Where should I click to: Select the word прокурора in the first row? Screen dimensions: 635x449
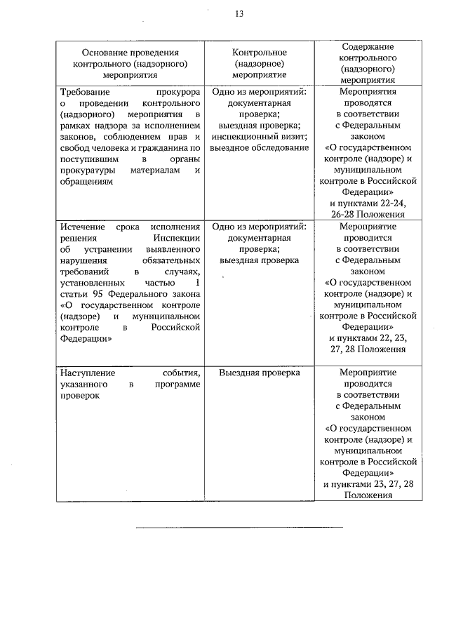pos(177,91)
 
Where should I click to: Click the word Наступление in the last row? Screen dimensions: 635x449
pos(87,372)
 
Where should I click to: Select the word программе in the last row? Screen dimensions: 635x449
pos(178,383)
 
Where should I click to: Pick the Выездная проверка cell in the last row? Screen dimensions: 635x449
pos(260,372)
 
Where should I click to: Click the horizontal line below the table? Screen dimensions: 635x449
pos(239,526)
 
